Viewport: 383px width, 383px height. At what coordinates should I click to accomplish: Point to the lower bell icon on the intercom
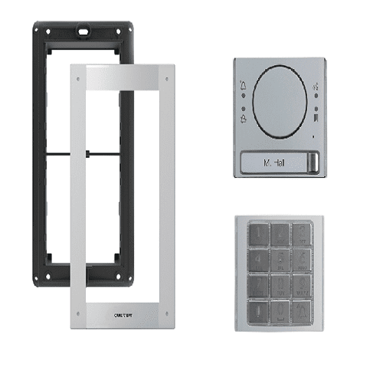(244, 117)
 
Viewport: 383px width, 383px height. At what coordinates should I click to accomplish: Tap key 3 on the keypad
(303, 232)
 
